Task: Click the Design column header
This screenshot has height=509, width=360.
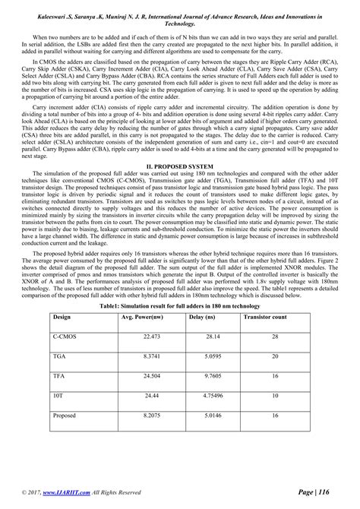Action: (x=62, y=315)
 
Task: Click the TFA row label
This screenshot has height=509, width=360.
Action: (x=58, y=375)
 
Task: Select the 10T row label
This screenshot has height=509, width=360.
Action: (x=58, y=396)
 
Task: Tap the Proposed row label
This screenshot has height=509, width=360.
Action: (x=64, y=416)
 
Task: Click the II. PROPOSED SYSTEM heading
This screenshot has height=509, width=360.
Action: (x=179, y=185)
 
